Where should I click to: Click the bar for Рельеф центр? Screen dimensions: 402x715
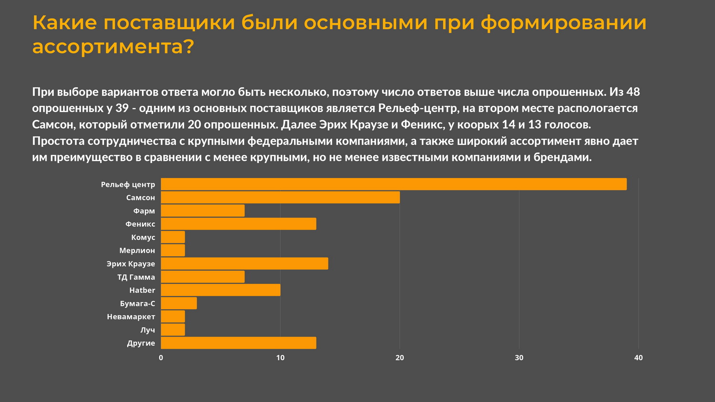tap(394, 184)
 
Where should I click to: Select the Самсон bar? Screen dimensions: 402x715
tap(280, 198)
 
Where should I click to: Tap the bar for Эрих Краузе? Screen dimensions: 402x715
tap(245, 263)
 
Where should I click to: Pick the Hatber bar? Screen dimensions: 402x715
tap(221, 290)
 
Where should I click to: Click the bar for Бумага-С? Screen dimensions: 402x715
tap(179, 303)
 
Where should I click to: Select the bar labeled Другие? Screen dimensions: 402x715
tap(238, 343)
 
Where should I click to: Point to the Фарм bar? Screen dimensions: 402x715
tap(203, 211)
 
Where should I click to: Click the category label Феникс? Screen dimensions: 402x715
tap(140, 224)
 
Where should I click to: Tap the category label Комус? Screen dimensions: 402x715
tap(143, 237)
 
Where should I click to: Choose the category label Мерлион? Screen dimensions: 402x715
tap(137, 251)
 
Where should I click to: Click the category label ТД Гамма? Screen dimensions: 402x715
tap(136, 277)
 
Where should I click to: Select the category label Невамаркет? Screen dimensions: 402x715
tap(131, 317)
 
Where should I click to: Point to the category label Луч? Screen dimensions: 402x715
tap(147, 330)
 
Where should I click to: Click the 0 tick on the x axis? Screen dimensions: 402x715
tap(161, 358)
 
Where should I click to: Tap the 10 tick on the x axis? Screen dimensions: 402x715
tap(280, 358)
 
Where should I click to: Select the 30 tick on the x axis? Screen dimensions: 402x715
tap(519, 358)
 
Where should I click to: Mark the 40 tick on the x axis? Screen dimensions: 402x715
tap(638, 358)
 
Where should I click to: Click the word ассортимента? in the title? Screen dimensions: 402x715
tap(113, 47)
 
